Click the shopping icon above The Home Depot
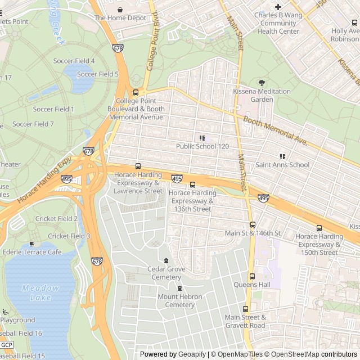pos(120,10)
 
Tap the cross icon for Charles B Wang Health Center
pos(278,7)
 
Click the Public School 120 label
pos(202,146)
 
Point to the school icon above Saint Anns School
pos(282,156)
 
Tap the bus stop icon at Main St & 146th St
pos(252,224)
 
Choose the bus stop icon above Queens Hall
pos(252,276)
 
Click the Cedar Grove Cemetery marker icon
pos(165,260)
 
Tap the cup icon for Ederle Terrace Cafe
pos(31,244)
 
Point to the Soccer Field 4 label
pos(74,61)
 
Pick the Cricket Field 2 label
pos(56,219)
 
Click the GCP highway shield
pos(6,344)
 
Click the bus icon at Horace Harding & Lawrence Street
pos(138,166)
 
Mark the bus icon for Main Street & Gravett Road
pos(245,309)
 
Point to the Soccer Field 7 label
pos(33,124)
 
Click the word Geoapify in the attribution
pos(191,354)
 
